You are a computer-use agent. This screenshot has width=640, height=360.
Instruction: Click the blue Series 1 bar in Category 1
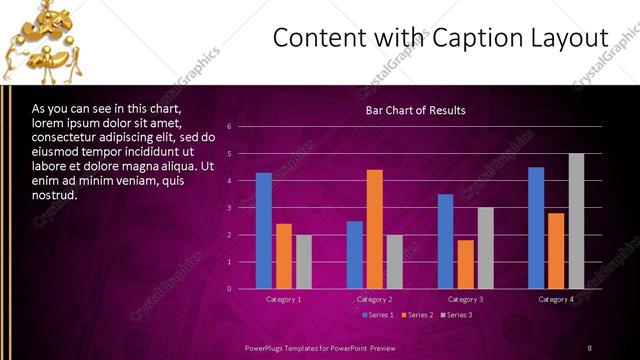coord(264,231)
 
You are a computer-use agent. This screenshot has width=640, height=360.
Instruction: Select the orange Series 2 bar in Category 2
coord(375,229)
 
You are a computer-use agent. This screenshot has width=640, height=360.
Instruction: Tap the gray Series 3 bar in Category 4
coord(576,221)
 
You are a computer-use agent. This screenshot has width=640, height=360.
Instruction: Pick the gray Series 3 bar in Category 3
coord(485,248)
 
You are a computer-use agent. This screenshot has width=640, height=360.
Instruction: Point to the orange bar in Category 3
coord(465,264)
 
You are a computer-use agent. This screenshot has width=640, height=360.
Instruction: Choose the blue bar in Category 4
coord(536,228)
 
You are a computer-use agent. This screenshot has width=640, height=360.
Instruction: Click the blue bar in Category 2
coord(355,255)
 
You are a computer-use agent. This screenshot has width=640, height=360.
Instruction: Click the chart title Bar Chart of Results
coord(415,110)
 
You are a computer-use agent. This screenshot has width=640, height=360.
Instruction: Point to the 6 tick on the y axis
coord(230,127)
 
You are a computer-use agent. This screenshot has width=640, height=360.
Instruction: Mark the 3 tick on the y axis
coord(230,208)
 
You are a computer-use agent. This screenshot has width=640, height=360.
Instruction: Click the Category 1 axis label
coord(284,299)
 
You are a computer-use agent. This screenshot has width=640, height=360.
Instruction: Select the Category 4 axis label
coord(556,299)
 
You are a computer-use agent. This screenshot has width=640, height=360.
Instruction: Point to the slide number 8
coord(589,347)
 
